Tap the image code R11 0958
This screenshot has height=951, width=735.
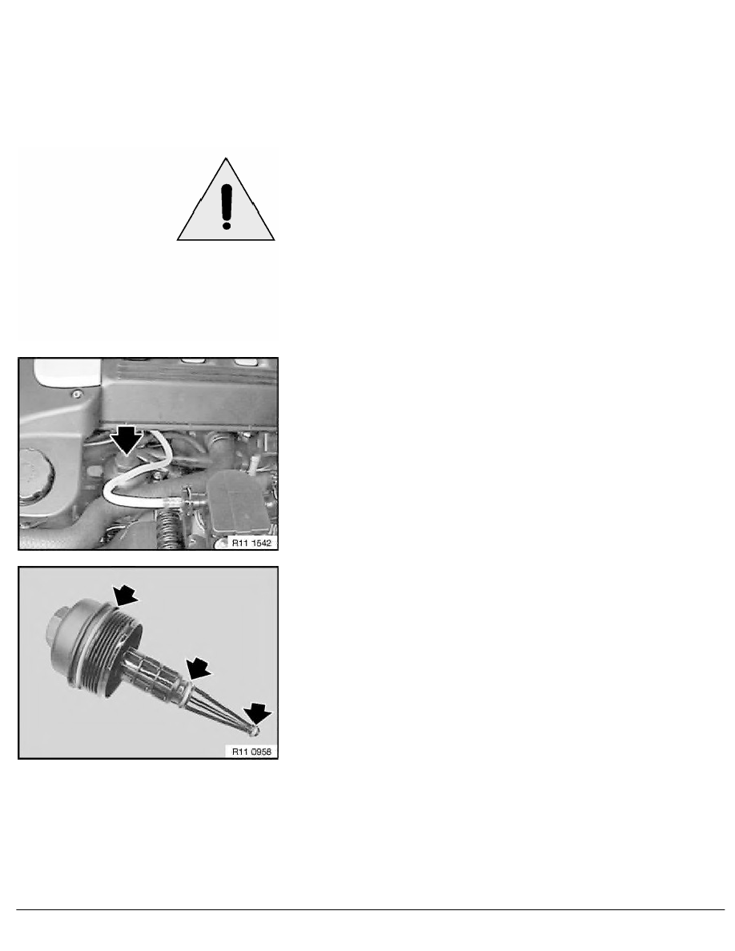click(x=250, y=751)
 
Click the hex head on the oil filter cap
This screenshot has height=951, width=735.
click(x=60, y=620)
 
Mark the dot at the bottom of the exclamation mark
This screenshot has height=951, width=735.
click(x=227, y=225)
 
